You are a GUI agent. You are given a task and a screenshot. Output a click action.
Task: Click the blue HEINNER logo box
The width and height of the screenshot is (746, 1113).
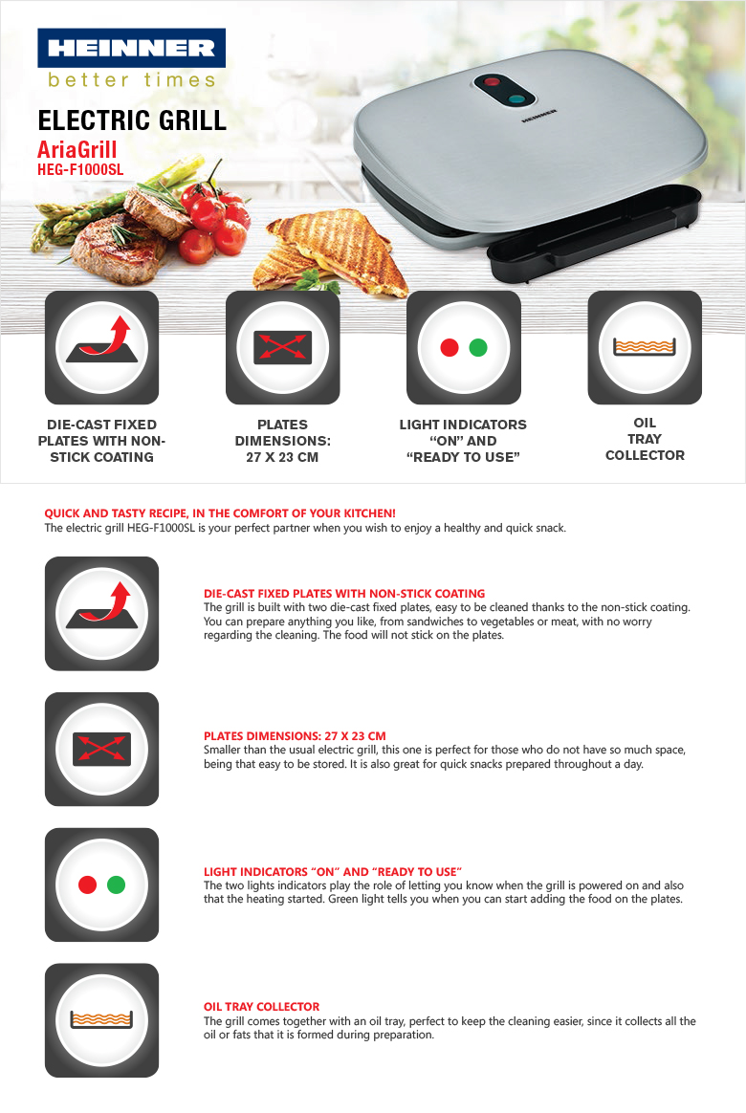(131, 48)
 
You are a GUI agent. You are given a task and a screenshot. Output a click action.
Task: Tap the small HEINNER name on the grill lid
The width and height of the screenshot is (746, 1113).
(538, 115)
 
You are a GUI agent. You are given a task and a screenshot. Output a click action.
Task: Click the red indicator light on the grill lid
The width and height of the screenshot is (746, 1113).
(492, 82)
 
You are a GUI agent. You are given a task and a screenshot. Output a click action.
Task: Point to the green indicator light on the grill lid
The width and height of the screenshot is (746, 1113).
(516, 99)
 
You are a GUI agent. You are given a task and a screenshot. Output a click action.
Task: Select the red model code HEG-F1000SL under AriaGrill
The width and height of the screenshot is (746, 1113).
(80, 169)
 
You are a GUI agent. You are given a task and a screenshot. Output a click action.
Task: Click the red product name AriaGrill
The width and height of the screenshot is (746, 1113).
(77, 149)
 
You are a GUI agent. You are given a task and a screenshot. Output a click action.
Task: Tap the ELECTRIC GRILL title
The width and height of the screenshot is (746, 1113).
(132, 120)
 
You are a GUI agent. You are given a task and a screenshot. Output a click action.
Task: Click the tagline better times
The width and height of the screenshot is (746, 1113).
(131, 80)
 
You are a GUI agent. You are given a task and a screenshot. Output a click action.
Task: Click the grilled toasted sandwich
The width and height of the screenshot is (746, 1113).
(334, 249)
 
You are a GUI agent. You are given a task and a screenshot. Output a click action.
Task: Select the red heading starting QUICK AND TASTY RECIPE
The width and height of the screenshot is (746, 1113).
(220, 513)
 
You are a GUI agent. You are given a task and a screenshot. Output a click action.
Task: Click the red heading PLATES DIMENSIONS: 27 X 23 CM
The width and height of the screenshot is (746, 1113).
(295, 736)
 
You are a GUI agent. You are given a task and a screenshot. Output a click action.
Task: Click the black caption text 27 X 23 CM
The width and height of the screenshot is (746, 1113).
(282, 457)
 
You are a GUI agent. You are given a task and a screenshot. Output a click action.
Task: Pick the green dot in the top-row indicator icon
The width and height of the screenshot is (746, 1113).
(478, 347)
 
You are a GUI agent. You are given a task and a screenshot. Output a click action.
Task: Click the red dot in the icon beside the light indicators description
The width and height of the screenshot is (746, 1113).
(87, 884)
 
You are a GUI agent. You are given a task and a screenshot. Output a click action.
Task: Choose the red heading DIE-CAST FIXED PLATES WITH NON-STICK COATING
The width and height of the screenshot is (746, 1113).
(344, 594)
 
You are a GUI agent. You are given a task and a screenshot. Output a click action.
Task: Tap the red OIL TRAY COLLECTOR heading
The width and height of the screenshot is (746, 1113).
(261, 1007)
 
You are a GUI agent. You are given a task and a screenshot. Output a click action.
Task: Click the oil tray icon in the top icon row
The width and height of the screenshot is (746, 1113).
(645, 347)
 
